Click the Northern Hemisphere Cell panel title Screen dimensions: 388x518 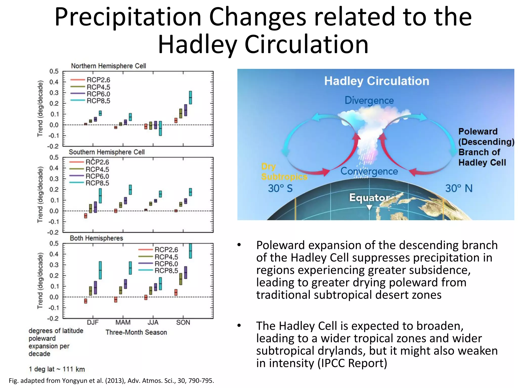coord(108,66)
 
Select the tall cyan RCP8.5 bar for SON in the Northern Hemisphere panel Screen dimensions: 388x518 coord(190,98)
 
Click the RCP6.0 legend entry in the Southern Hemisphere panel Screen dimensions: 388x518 coord(97,176)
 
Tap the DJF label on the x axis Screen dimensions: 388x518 coord(93,323)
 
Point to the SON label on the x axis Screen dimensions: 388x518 coord(183,323)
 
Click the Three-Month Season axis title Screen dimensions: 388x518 coord(136,332)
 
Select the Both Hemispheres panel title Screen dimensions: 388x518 coord(96,238)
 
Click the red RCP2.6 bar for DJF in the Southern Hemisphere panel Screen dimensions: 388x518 coord(86,216)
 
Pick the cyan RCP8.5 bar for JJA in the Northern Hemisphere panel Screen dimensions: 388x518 coord(160,128)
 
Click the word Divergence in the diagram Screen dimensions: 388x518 coord(369,101)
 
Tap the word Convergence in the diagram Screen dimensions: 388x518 coord(369,171)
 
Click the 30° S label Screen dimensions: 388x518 coord(280,188)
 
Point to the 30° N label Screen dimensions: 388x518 coord(459,188)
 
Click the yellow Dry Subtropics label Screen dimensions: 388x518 coord(284,172)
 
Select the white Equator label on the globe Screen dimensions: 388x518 coord(370,198)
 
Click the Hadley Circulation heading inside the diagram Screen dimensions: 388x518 coord(377,81)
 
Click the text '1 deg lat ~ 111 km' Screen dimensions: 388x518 coord(57,369)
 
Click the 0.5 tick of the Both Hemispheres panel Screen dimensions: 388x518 coord(54,244)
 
